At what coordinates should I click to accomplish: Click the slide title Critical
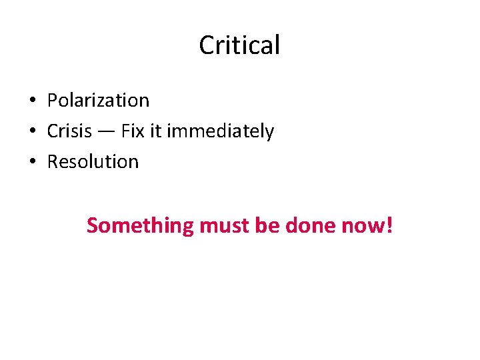239,45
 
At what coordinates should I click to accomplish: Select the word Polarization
98,101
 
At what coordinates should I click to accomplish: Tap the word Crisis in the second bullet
69,131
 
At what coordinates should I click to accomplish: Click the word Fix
133,131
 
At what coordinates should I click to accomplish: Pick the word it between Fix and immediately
155,131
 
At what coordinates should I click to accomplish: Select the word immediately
220,132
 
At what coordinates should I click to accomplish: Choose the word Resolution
93,162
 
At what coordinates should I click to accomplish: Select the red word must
223,226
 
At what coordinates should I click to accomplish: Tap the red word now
361,227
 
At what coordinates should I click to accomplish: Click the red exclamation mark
389,225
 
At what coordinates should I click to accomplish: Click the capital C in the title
207,45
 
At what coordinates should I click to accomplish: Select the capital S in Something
93,226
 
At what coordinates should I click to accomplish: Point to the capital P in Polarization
52,101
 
